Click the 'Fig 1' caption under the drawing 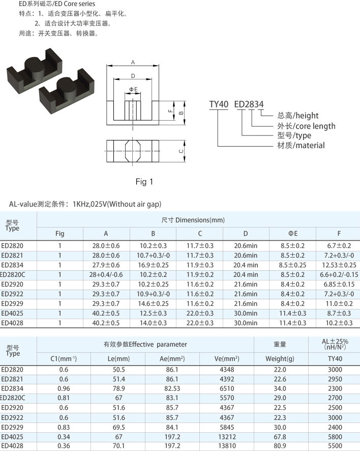pyautogui.click(x=144, y=182)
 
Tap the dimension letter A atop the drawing pyautogui.click(x=133, y=62)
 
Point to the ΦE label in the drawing pyautogui.click(x=133, y=90)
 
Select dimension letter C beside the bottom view pyautogui.click(x=181, y=151)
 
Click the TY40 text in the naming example pyautogui.click(x=219, y=104)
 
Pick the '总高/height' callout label pyautogui.click(x=297, y=116)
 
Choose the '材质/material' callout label pyautogui.click(x=301, y=145)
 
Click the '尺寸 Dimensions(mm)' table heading pyautogui.click(x=193, y=220)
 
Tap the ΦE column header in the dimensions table pyautogui.click(x=293, y=234)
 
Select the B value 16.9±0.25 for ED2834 pyautogui.click(x=153, y=265)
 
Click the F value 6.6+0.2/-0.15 pyautogui.click(x=339, y=275)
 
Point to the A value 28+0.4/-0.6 pyautogui.click(x=106, y=275)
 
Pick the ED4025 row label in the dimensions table pyautogui.click(x=12, y=313)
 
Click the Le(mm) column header pyautogui.click(x=118, y=359)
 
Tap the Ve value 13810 pyautogui.click(x=227, y=446)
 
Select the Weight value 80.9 pyautogui.click(x=280, y=446)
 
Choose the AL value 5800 pyautogui.click(x=335, y=437)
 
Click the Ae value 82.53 pyautogui.click(x=172, y=388)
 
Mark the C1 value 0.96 pyautogui.click(x=64, y=388)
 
